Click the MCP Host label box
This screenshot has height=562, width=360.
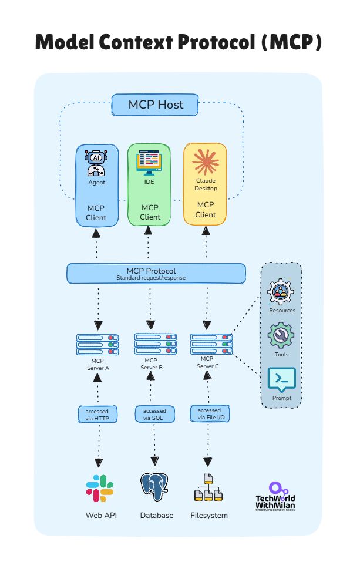(156, 105)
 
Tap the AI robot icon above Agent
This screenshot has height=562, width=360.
(96, 163)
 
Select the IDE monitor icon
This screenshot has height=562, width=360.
(149, 163)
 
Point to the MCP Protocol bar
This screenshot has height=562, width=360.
(156, 273)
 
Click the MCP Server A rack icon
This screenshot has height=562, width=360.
(97, 344)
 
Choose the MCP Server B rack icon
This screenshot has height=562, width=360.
(155, 344)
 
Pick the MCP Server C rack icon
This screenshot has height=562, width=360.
(211, 343)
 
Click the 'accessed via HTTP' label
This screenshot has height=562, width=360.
(97, 414)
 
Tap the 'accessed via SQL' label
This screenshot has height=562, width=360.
(155, 414)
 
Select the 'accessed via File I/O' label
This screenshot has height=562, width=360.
(210, 413)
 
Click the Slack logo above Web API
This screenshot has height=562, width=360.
(100, 488)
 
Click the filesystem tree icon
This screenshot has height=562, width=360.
(208, 487)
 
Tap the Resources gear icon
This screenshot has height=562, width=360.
(281, 292)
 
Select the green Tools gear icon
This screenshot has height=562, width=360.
(281, 336)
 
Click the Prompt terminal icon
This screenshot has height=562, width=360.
(281, 381)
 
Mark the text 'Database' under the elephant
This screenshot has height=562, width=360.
(157, 516)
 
